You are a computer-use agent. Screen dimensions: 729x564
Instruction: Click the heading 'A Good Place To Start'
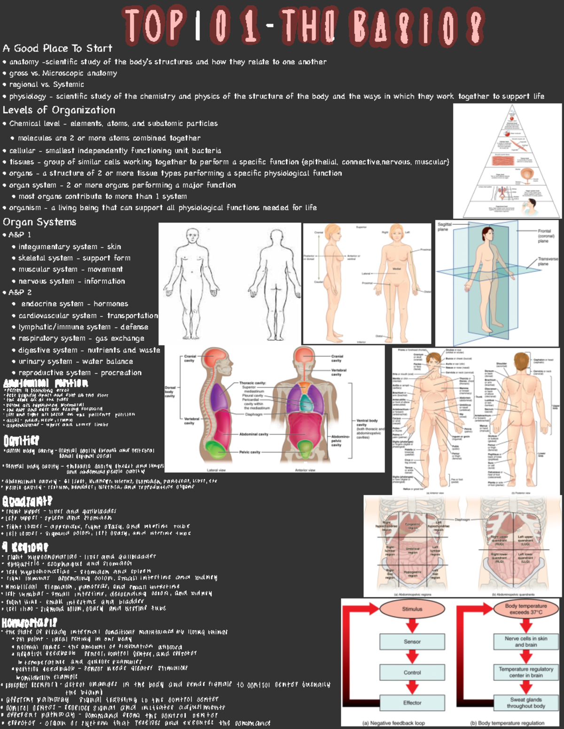tap(57, 48)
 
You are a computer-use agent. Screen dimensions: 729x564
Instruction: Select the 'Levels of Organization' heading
tap(59, 110)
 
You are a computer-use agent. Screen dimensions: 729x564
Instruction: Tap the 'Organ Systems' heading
tap(39, 222)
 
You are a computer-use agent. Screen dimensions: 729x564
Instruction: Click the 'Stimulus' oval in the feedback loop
tap(412, 609)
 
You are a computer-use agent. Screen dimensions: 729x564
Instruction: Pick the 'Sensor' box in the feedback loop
tap(412, 642)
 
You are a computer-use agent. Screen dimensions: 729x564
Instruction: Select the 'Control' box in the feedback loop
tap(412, 673)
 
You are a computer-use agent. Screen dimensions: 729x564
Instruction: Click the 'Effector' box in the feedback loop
tap(412, 703)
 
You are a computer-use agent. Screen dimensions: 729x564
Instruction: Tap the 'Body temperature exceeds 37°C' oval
tap(526, 609)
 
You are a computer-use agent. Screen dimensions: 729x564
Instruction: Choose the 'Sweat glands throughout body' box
tap(526, 703)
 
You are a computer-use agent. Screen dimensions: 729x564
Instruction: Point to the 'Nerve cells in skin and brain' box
tap(526, 642)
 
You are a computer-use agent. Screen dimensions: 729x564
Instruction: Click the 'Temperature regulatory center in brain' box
tap(526, 672)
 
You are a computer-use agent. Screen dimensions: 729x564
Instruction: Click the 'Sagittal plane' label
tap(444, 227)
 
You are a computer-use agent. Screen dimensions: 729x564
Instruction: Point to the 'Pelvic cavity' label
tap(250, 452)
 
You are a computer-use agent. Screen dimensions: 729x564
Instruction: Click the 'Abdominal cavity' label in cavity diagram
tap(253, 434)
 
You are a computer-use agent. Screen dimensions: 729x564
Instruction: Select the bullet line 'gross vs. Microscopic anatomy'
tap(63, 73)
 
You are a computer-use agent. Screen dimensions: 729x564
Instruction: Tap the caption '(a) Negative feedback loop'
tap(393, 723)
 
